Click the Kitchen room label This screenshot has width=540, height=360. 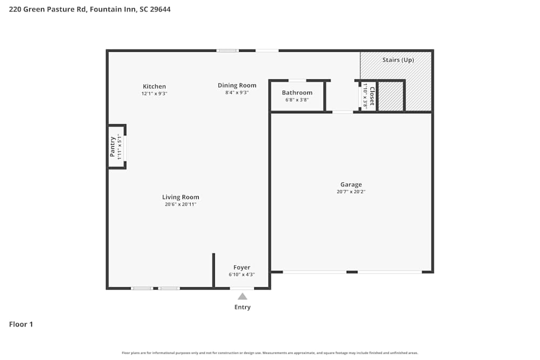coord(154,86)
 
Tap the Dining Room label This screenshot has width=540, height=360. coord(237,85)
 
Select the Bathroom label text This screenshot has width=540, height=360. coord(297,93)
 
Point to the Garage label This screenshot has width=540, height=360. coord(351,185)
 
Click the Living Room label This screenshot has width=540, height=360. coord(180,197)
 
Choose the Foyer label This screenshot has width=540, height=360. coord(241,267)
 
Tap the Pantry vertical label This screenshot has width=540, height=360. coord(113,147)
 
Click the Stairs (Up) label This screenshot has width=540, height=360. coord(398,60)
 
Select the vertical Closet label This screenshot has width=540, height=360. coord(372,96)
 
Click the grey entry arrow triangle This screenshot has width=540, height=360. coord(242,296)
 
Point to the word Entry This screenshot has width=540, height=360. coord(242,307)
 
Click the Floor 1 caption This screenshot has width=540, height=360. coord(21,324)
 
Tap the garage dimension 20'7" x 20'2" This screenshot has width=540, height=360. coord(351,192)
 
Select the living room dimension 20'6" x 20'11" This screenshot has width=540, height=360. coord(180,205)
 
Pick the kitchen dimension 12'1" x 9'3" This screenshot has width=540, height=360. coord(154,93)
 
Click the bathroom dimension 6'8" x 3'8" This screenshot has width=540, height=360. coord(297,100)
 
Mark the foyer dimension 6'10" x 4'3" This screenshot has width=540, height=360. coord(241,274)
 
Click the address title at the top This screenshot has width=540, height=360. coord(90,9)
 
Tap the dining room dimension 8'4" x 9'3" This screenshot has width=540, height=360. coord(237,92)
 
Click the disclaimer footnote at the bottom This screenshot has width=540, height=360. coord(270,353)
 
